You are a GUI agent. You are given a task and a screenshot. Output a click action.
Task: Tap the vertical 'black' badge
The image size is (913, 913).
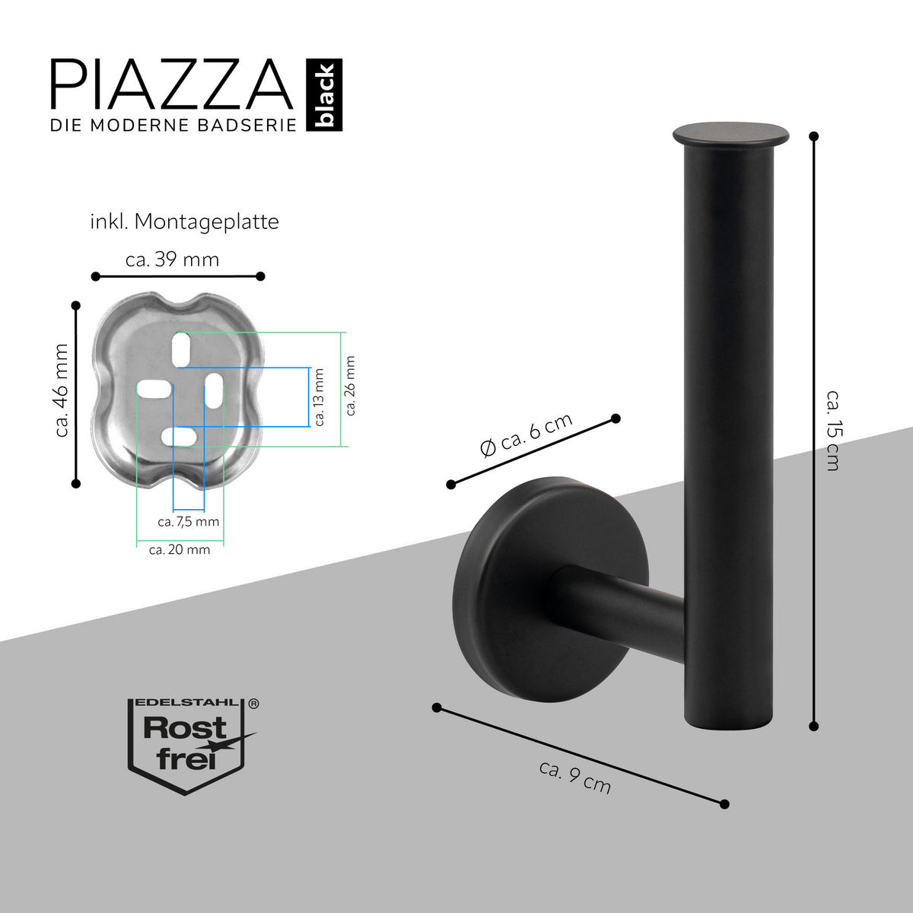pos(325,96)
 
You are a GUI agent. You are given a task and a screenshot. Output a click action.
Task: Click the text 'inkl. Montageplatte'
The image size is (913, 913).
pos(184,222)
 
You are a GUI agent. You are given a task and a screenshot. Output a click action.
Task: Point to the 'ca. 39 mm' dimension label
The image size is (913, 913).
pos(172,259)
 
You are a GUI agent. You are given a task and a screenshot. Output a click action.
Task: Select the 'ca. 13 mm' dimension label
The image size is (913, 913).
pos(319,397)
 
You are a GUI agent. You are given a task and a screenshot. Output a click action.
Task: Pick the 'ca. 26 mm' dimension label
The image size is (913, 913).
pos(351,386)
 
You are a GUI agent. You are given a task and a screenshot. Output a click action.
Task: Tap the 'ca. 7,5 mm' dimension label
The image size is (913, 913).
pos(188,522)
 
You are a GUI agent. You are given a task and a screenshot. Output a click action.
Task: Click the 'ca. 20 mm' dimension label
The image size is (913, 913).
pos(180,549)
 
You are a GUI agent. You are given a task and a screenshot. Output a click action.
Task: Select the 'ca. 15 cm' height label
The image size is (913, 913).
pos(833,430)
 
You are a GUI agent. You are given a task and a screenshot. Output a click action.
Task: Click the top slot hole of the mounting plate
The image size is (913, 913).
pos(181,348)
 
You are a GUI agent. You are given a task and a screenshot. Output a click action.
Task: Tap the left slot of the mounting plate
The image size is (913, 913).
pos(153,390)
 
